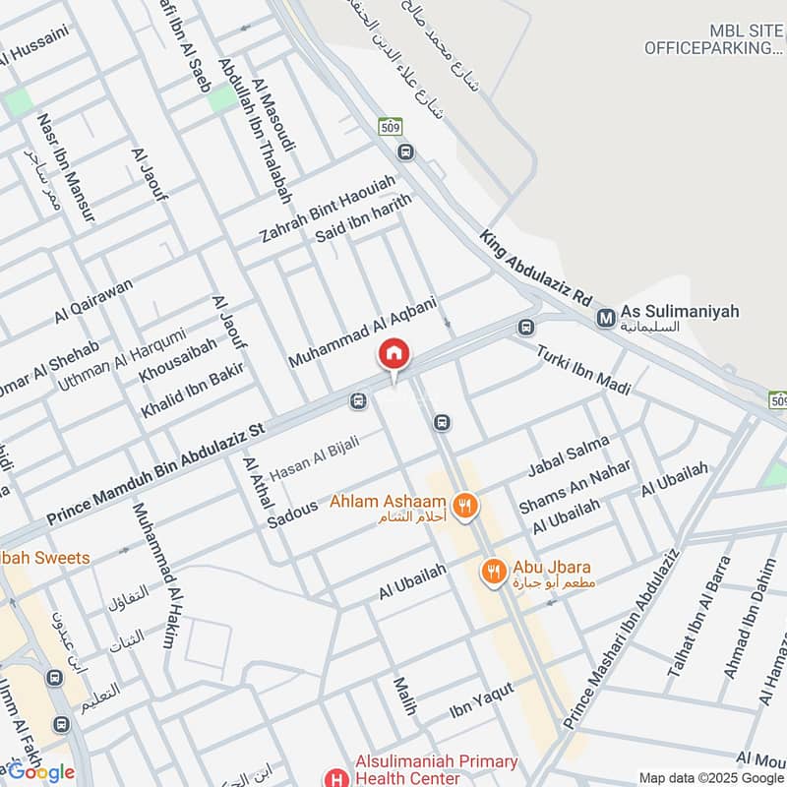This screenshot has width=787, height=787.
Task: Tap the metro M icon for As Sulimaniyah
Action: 606,318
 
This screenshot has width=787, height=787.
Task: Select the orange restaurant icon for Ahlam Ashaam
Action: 466,506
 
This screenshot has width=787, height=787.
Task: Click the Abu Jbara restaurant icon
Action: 492,570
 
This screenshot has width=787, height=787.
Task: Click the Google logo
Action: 40,771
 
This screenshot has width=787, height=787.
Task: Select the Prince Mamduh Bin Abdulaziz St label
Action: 157,472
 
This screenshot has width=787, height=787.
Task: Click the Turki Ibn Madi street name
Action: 583,371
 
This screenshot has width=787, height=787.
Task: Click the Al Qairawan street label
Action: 93,300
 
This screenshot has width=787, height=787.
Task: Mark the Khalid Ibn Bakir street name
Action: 192,391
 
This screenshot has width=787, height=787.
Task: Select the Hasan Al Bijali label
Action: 314,451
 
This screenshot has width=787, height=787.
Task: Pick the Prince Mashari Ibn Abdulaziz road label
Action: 622,638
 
